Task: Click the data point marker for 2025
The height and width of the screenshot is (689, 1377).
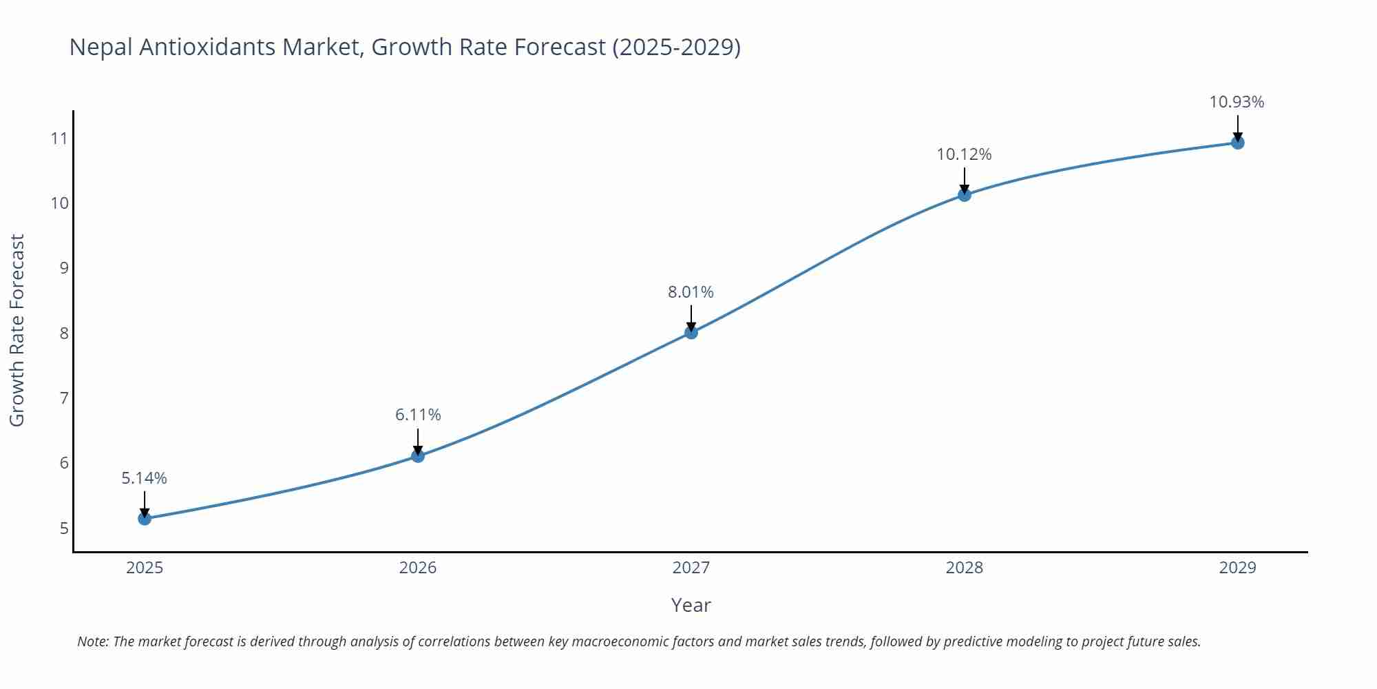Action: tap(145, 518)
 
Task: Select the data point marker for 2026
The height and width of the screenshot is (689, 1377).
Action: tap(418, 455)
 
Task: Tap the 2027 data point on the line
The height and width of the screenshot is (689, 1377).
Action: tap(691, 332)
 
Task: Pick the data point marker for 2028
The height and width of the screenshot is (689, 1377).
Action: tap(965, 195)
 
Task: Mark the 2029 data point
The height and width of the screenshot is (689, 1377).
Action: tap(1237, 143)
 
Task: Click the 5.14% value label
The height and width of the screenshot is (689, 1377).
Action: tap(145, 478)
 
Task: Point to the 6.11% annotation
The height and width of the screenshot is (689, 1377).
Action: tap(418, 415)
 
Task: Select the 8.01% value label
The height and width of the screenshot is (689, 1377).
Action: tap(691, 292)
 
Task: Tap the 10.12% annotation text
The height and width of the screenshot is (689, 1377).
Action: tap(964, 154)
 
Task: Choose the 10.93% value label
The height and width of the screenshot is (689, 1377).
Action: tap(1237, 102)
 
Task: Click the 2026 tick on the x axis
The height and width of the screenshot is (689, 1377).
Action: tap(418, 568)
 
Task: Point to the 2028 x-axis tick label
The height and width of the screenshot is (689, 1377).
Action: tap(965, 568)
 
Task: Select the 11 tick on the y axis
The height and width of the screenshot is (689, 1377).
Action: tap(59, 138)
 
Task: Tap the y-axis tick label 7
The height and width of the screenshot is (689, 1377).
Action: tap(64, 398)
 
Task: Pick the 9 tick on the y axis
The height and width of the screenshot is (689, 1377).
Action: tap(64, 268)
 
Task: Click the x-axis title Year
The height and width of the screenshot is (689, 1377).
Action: tap(691, 605)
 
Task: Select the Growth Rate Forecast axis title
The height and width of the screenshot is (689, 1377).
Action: tap(17, 330)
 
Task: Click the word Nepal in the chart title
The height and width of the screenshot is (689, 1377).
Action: tap(101, 47)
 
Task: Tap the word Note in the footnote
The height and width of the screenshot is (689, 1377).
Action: tap(92, 641)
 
